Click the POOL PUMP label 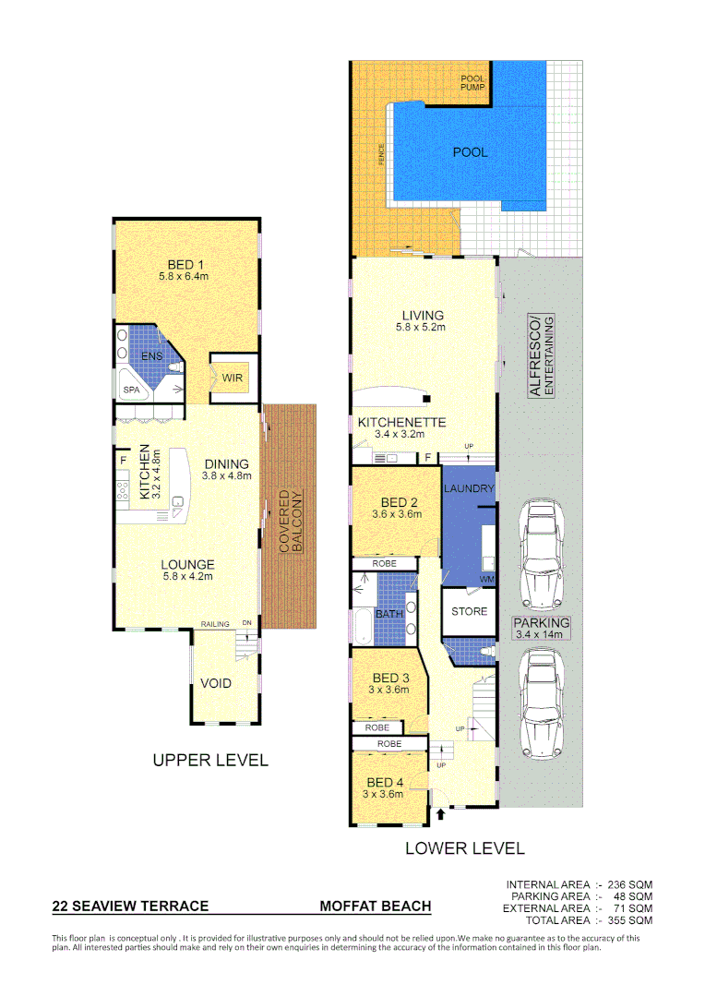coord(472,83)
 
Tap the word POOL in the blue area coord(470,152)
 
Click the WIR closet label coord(232,378)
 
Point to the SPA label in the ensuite coord(132,390)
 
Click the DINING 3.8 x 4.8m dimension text coord(226,476)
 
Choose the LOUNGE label coord(187,565)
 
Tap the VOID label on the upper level coord(216,683)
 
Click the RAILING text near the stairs coord(215,625)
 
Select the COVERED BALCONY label coord(291,522)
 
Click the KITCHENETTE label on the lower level coord(402,422)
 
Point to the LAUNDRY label coord(469,488)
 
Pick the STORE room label coord(469,611)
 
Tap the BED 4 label coord(384,783)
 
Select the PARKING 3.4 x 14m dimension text coord(542,634)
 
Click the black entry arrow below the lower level coord(439,814)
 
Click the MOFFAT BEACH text coord(375,907)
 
